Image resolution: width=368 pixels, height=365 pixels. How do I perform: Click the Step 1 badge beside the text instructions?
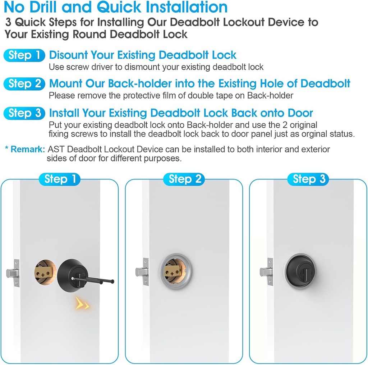tap(24, 55)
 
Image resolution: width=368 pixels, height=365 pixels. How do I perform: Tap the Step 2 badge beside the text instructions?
tap(24, 84)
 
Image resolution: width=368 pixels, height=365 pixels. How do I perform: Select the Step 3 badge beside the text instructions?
tap(24, 113)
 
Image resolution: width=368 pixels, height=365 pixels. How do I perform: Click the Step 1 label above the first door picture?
tap(60, 179)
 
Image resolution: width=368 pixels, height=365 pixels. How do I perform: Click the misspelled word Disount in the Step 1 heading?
tap(68, 55)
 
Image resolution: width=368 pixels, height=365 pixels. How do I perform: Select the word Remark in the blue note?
tap(28, 149)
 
